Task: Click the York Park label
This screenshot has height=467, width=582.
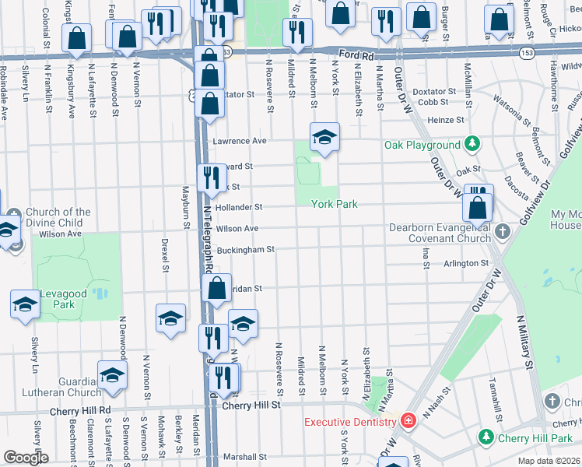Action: coord(334,204)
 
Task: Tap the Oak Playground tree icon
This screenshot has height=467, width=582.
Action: coord(472,144)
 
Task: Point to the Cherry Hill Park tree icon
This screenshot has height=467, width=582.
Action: coord(487,438)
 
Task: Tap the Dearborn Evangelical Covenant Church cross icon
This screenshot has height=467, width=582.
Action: coord(503,231)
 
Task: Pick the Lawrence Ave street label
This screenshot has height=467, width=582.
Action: coord(240,141)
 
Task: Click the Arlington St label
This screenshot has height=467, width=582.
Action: coord(467,264)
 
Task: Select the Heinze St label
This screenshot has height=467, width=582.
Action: coord(446,120)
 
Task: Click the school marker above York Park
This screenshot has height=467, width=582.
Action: coord(325,139)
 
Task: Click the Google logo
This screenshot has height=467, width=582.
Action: coord(26,458)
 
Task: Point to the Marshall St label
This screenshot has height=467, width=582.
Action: coord(245,457)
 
